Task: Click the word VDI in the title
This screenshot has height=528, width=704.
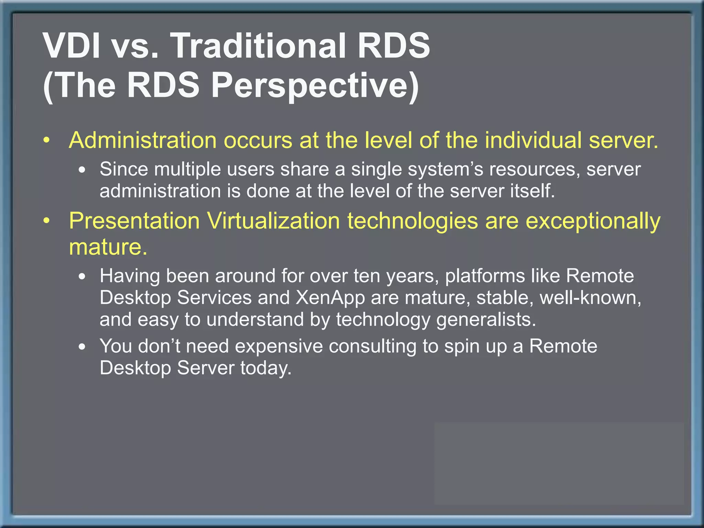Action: (x=71, y=46)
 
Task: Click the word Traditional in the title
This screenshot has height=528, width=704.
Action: (x=258, y=46)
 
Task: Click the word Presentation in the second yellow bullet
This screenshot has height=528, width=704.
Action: (x=134, y=221)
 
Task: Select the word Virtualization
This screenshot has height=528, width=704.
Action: (x=273, y=221)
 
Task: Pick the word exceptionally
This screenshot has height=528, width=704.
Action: (x=593, y=221)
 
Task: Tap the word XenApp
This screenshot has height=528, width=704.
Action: (x=330, y=298)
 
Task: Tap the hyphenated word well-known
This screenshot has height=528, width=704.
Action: (x=590, y=298)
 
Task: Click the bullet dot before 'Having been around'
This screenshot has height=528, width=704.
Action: (x=82, y=277)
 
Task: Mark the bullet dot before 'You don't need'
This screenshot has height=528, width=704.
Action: (x=82, y=347)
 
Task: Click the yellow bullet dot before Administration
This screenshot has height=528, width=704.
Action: (x=47, y=141)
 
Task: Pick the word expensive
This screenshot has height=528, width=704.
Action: (x=278, y=346)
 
